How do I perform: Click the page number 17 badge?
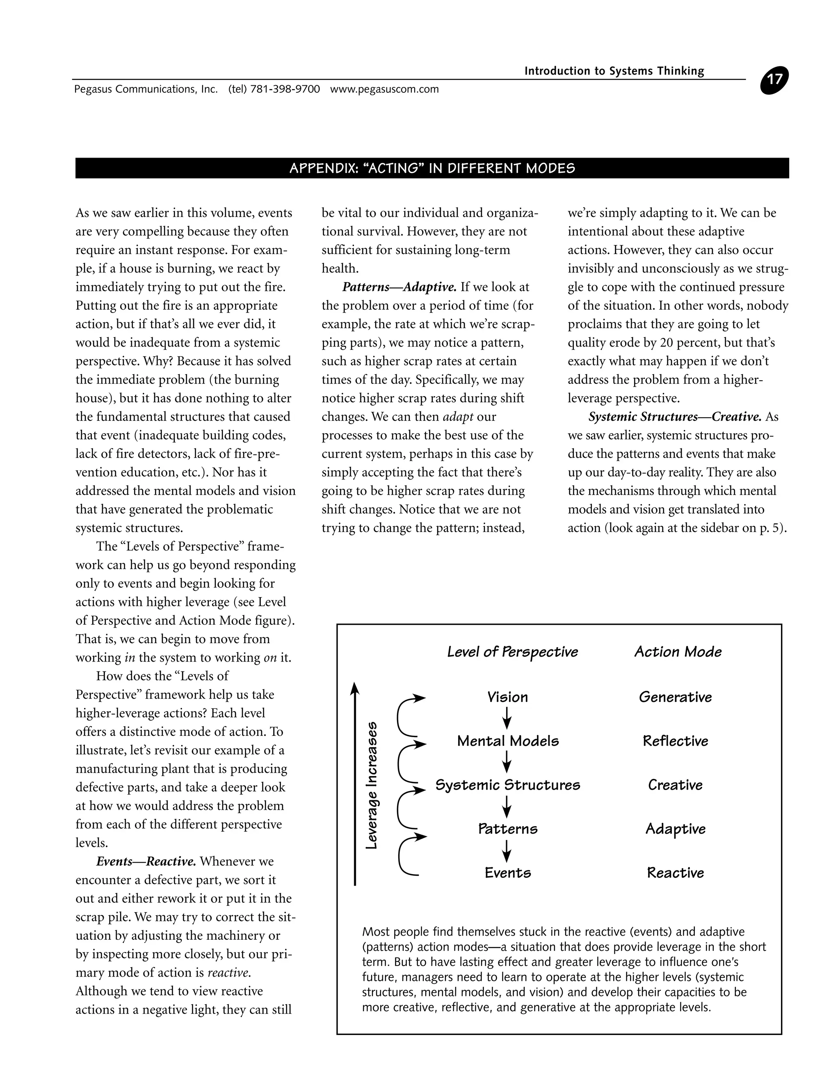pyautogui.click(x=774, y=80)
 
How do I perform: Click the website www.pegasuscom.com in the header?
pyautogui.click(x=384, y=89)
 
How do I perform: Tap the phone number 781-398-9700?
pyautogui.click(x=285, y=89)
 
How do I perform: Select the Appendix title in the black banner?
pyautogui.click(x=432, y=168)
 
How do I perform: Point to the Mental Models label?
pyautogui.click(x=508, y=741)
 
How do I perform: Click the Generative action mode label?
pyautogui.click(x=675, y=697)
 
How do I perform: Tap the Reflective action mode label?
pyautogui.click(x=675, y=741)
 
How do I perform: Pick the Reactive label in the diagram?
pyautogui.click(x=675, y=872)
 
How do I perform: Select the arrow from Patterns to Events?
pyautogui.click(x=507, y=851)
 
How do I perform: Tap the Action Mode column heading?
pyautogui.click(x=677, y=652)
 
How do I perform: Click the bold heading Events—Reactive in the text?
pyautogui.click(x=146, y=861)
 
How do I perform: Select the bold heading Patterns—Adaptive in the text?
pyautogui.click(x=399, y=287)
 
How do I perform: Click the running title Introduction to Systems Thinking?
pyautogui.click(x=614, y=71)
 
